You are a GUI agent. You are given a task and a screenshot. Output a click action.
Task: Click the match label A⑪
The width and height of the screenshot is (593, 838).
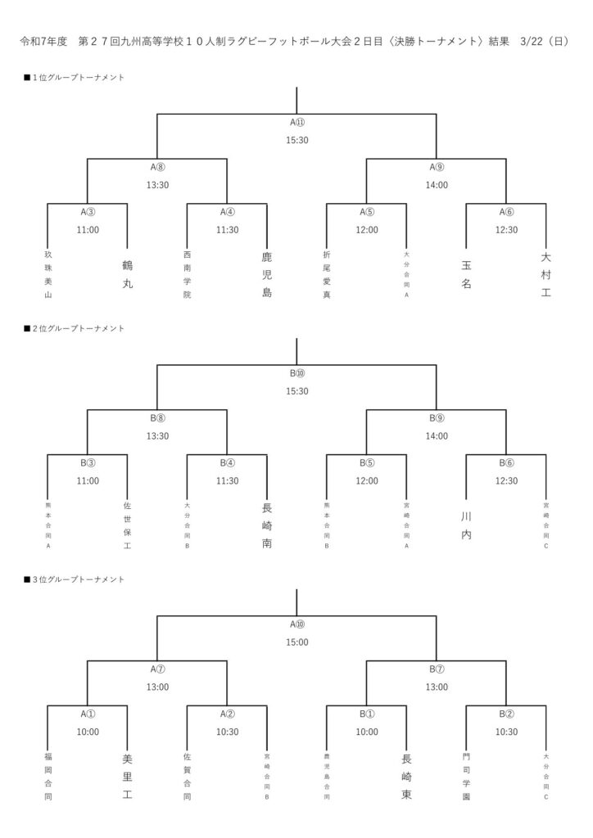pos(297,123)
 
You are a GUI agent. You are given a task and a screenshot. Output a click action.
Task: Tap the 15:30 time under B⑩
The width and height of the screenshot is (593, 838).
pos(297,390)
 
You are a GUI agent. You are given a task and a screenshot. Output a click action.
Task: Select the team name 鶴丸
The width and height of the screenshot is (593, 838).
pos(127,274)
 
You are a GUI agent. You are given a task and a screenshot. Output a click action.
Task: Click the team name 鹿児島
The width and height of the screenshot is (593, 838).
pos(267,274)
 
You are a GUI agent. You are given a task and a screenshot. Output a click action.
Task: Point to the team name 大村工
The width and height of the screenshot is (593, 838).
pos(546,274)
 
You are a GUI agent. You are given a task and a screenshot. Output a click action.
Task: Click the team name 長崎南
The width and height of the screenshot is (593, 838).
pos(267,525)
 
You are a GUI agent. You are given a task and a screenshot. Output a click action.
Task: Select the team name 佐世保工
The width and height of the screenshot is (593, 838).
pos(127,525)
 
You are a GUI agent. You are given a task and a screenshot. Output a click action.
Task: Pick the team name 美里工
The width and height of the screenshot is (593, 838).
pos(127,776)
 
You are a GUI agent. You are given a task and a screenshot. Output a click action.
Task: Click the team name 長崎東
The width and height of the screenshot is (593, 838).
pos(406,776)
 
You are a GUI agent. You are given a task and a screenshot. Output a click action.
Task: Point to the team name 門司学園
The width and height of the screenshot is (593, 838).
pos(466,776)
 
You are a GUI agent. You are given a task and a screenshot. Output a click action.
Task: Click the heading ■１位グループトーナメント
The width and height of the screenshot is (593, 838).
pos(75,77)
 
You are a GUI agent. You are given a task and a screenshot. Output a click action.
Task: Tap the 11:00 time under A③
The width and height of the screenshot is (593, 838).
pos(88,229)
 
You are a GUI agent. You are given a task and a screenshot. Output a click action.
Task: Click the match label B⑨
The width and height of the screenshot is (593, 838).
pos(437,418)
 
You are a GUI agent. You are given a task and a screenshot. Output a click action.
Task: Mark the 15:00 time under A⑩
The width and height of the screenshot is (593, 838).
pos(297,642)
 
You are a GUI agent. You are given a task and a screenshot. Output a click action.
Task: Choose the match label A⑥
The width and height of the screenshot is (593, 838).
pos(506,211)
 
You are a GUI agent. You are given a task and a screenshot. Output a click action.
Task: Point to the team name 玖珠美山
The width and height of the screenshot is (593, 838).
pos(48,274)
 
